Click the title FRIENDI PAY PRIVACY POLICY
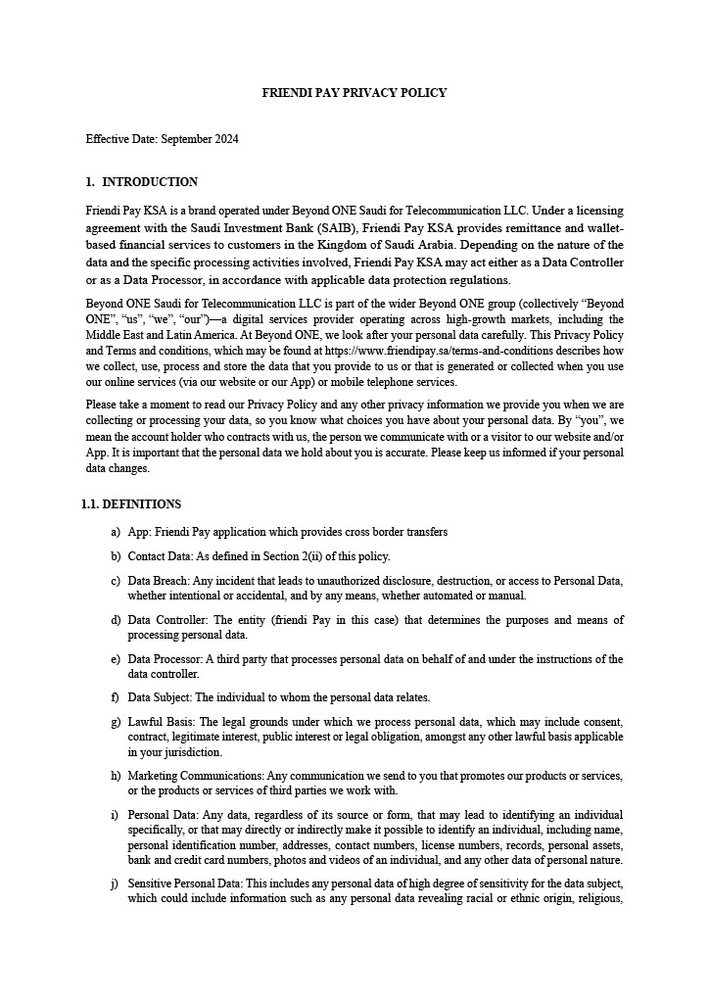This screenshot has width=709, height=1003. coord(354,93)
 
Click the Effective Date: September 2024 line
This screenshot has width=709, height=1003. coord(163,139)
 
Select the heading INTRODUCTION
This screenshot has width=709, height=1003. coord(150,182)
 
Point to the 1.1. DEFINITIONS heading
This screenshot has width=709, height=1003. coord(131,504)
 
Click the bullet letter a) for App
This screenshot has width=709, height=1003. coord(117,532)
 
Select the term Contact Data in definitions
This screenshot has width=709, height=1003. coord(159,556)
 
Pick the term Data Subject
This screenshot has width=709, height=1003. coord(160,697)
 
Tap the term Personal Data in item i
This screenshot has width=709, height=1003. coord(161,815)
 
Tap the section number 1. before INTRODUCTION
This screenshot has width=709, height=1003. coord(90,182)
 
